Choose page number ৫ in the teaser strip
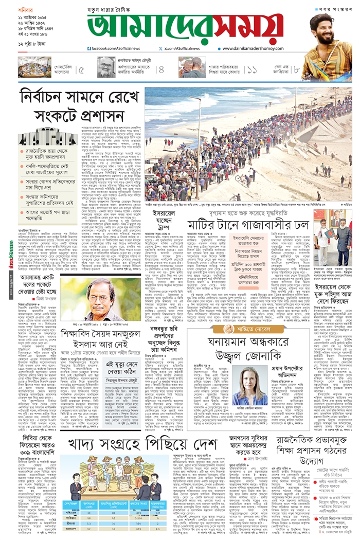81,69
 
